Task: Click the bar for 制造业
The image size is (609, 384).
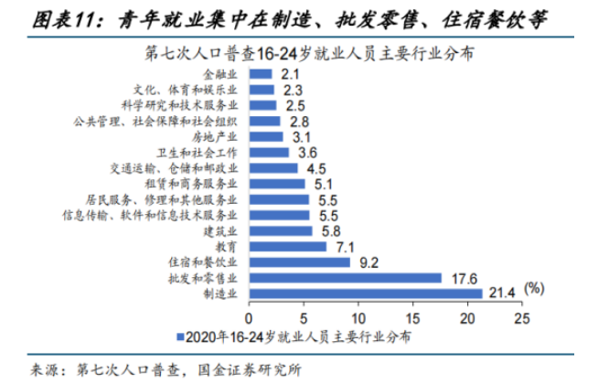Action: pyautogui.click(x=365, y=293)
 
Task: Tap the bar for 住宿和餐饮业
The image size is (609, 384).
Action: pyautogui.click(x=299, y=262)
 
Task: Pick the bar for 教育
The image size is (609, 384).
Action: pyautogui.click(x=287, y=247)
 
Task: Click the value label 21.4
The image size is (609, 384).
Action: pyautogui.click(x=501, y=292)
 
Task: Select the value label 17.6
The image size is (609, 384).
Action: pyautogui.click(x=460, y=277)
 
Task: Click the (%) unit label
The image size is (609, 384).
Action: pyautogui.click(x=535, y=288)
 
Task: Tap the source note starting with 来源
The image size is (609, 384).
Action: pyautogui.click(x=166, y=369)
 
